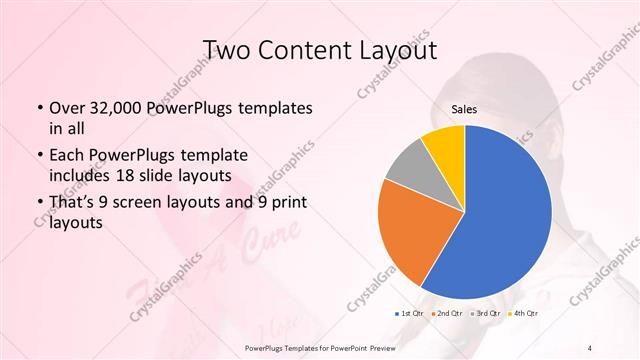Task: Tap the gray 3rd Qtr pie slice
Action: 409,170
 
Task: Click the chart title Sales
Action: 463,110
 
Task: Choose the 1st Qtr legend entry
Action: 410,313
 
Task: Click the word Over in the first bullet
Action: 66,108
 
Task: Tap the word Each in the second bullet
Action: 66,156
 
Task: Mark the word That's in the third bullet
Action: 72,204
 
